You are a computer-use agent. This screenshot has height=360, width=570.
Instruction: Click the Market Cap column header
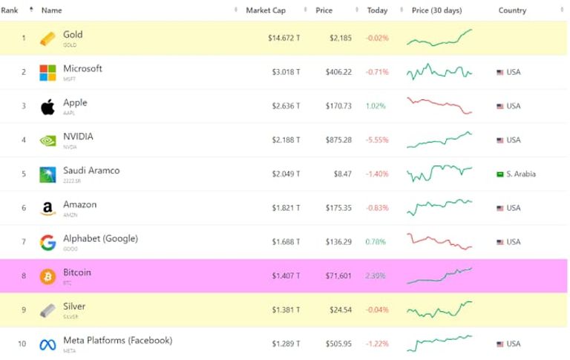pyautogui.click(x=265, y=10)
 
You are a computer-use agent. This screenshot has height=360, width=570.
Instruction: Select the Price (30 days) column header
pyautogui.click(x=436, y=10)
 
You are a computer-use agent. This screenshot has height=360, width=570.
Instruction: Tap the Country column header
pyautogui.click(x=512, y=10)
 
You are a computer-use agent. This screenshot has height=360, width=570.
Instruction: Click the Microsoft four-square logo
pyautogui.click(x=47, y=72)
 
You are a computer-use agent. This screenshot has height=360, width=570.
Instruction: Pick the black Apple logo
pyautogui.click(x=47, y=106)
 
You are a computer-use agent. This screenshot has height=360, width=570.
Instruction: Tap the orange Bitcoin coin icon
pyautogui.click(x=47, y=276)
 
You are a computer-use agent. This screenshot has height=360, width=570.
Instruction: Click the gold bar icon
pyautogui.click(x=47, y=38)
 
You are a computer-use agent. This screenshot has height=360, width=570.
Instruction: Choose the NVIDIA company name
pyautogui.click(x=78, y=137)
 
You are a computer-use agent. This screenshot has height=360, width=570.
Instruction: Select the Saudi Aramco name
pyautogui.click(x=91, y=171)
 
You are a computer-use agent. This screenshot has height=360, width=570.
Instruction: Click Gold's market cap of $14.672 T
pyautogui.click(x=284, y=38)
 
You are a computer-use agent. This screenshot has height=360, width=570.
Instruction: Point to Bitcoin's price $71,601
pyautogui.click(x=338, y=276)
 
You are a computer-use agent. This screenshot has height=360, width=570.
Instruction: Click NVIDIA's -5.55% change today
pyautogui.click(x=376, y=140)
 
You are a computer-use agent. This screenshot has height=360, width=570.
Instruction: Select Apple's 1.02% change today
pyautogui.click(x=376, y=106)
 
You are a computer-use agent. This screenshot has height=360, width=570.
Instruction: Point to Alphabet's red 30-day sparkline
pyautogui.click(x=439, y=241)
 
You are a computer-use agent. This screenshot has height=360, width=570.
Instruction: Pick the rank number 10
pyautogui.click(x=22, y=344)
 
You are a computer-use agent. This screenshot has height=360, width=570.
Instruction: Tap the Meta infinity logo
pyautogui.click(x=47, y=344)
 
